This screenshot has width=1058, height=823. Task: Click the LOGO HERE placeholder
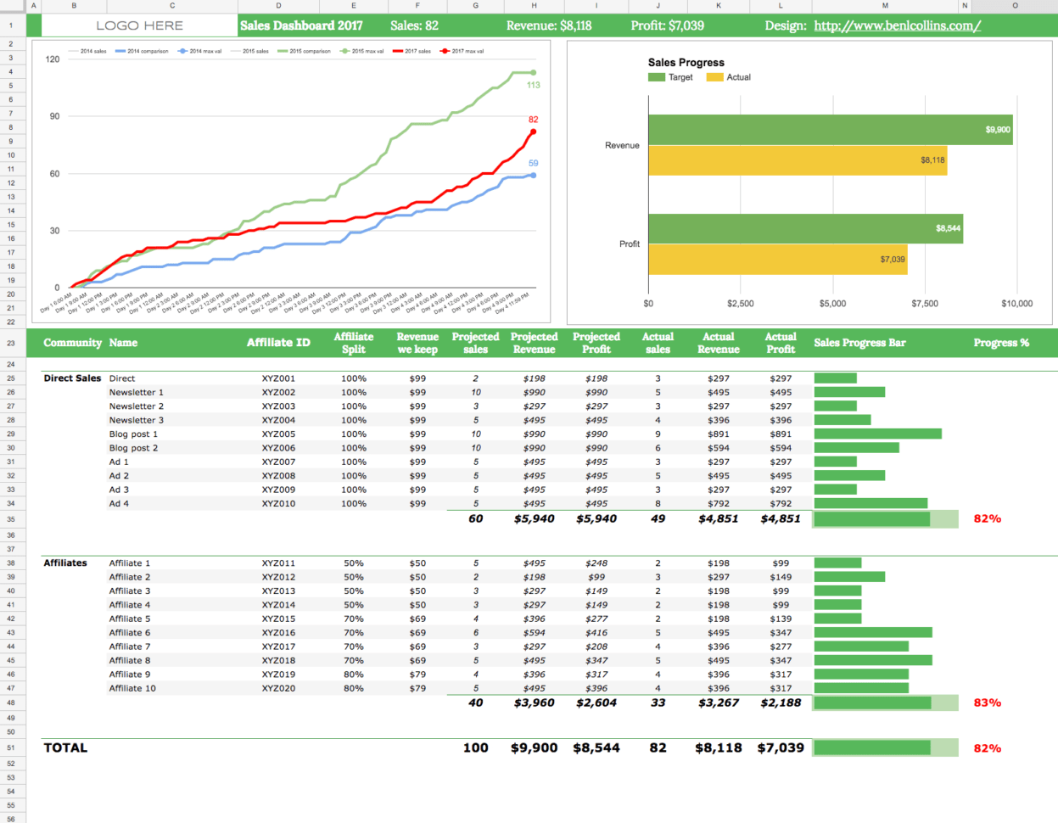pos(139,25)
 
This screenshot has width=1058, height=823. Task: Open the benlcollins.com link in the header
pos(897,25)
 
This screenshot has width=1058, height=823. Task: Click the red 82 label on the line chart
pos(533,120)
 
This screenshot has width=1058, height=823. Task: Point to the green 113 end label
pos(533,85)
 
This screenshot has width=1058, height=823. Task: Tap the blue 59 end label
pos(533,163)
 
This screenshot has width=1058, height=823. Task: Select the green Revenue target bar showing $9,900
pos(830,130)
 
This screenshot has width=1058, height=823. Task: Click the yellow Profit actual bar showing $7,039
pos(777,260)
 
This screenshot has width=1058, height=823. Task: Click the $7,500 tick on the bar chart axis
pos(924,304)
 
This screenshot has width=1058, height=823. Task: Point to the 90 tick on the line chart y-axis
pos(54,116)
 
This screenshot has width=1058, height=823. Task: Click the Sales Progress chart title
pos(686,63)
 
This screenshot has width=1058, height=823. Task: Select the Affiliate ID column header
pos(278,343)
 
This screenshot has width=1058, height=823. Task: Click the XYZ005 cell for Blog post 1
pos(278,434)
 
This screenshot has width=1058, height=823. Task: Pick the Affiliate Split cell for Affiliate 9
pos(354,675)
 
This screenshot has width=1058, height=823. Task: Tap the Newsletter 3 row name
pos(136,420)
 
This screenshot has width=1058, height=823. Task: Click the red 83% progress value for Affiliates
pos(987,703)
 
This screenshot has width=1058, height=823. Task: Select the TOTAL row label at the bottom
pos(65,747)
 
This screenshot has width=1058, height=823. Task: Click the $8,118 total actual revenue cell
pos(718,747)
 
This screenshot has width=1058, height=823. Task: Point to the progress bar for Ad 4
pos(870,504)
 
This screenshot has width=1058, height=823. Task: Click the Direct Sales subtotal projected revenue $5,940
pos(534,518)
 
